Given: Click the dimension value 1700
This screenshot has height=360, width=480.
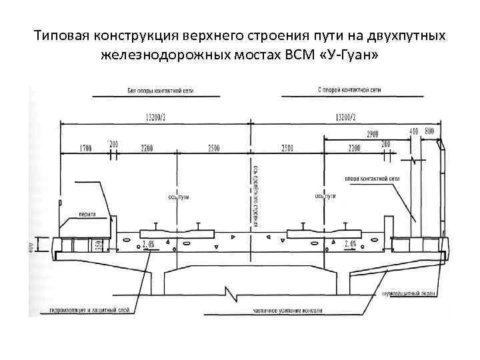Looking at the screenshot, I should click(85, 147).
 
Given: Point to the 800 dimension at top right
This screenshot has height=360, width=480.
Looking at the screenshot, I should click(429, 131).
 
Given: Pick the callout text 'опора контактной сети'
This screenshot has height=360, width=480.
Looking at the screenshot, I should click(372, 179).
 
